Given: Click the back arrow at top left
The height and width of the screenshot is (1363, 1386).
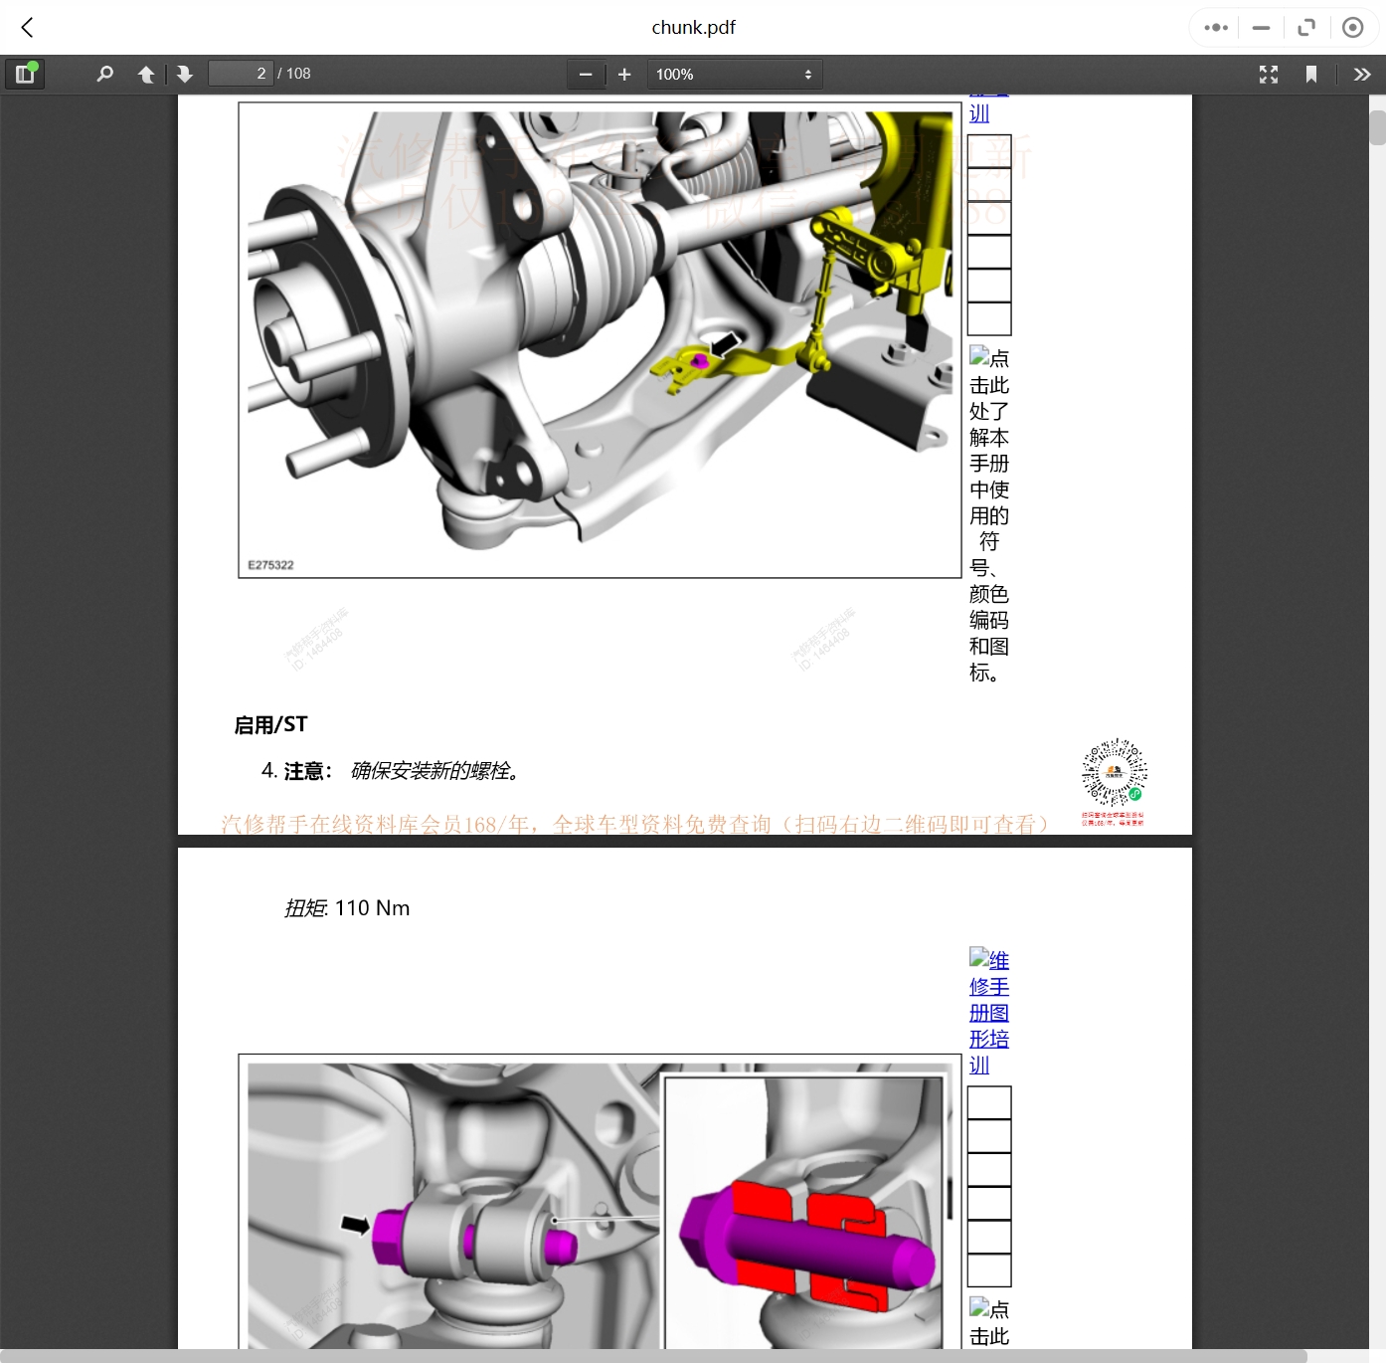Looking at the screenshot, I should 28,28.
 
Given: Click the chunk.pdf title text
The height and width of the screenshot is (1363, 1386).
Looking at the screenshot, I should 693,28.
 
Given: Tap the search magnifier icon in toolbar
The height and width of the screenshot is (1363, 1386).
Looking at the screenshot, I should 104,74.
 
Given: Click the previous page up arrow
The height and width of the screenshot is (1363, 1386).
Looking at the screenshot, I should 146,74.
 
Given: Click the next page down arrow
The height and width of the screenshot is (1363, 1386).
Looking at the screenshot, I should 185,74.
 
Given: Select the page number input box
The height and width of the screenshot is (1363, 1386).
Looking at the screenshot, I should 241,74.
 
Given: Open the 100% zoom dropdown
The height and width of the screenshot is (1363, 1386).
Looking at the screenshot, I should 734,74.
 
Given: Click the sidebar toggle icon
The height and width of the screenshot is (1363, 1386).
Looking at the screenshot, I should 25,74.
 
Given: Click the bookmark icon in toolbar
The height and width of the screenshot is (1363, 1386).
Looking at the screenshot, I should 1311,74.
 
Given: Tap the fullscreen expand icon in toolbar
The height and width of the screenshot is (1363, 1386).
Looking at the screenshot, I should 1269,74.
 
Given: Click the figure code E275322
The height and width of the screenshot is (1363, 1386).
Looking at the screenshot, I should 270,565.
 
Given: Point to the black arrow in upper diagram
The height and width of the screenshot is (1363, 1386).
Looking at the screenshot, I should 724,344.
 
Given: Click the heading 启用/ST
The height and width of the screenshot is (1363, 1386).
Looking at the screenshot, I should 270,724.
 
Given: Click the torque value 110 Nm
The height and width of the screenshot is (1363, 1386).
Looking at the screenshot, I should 372,908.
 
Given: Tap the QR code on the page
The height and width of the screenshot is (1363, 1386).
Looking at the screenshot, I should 1114,772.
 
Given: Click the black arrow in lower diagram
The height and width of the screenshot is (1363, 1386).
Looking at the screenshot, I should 355,1224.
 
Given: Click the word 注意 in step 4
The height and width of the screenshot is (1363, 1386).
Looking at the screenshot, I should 304,771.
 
